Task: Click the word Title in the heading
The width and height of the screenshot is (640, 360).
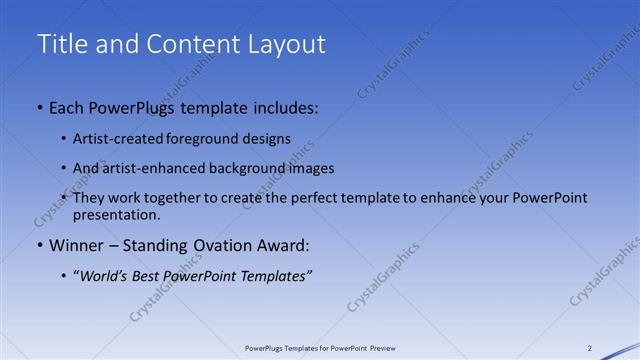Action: pyautogui.click(x=59, y=44)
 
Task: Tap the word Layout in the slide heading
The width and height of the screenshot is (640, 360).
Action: pyautogui.click(x=289, y=44)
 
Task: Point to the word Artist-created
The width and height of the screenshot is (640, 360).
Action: pyautogui.click(x=112, y=139)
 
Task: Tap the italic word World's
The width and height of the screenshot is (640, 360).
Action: pyautogui.click(x=104, y=276)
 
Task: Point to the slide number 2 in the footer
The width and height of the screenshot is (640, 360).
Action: pyautogui.click(x=589, y=348)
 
